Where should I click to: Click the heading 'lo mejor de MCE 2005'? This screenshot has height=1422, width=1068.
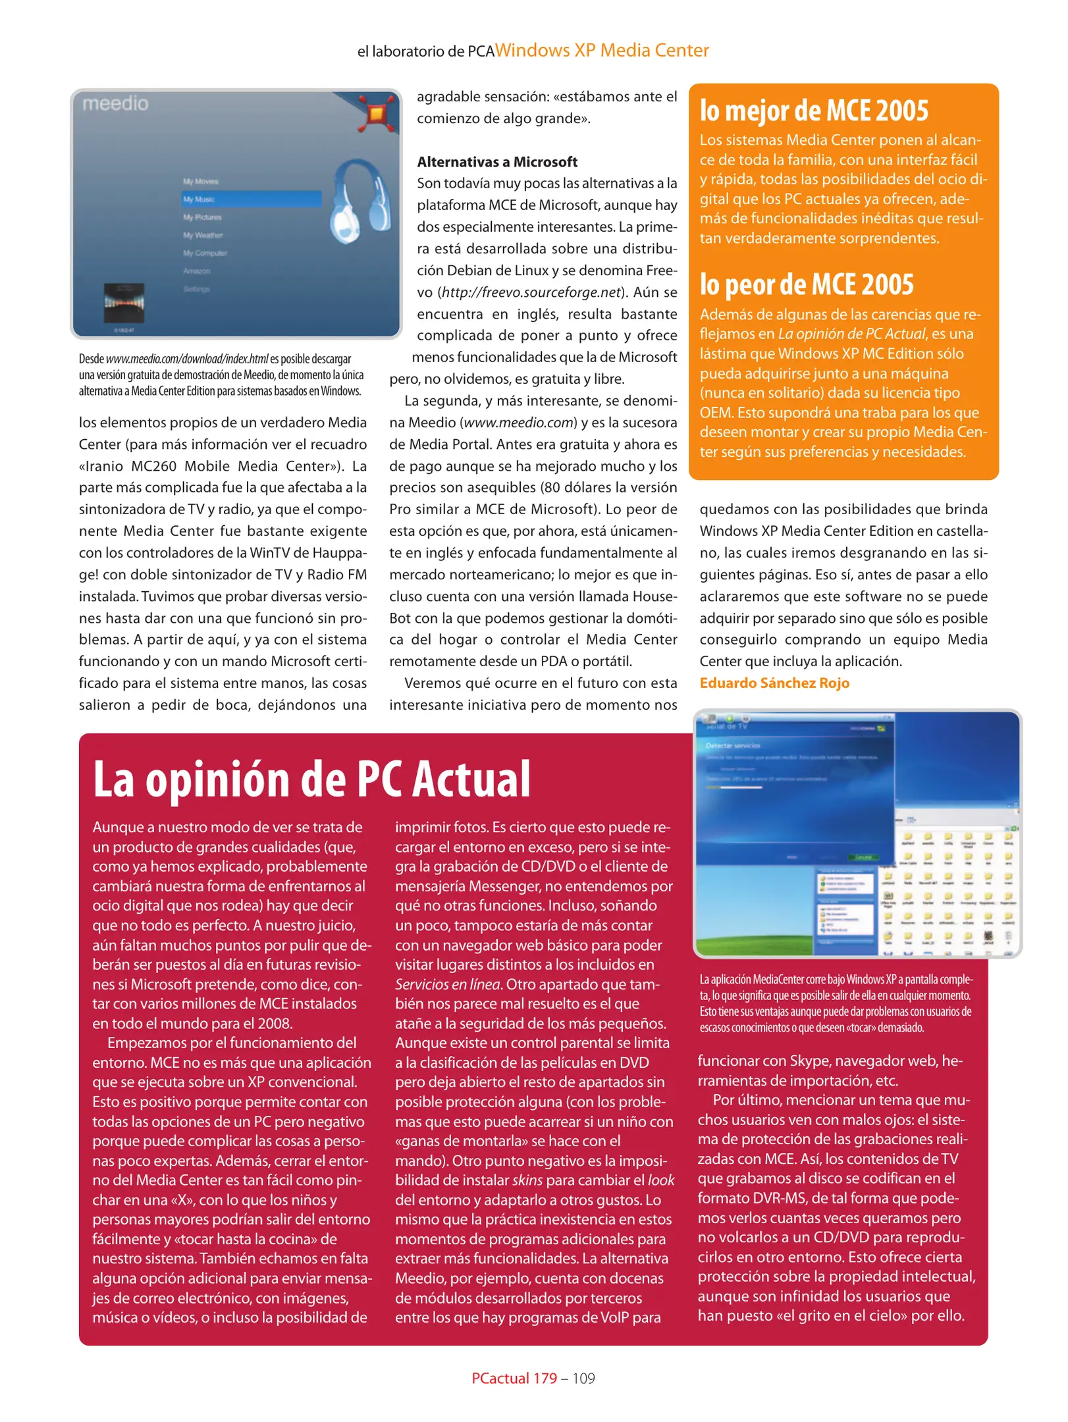click(813, 111)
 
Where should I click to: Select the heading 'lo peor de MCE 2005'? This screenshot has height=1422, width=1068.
click(806, 284)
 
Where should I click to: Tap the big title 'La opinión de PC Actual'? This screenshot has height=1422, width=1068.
click(311, 779)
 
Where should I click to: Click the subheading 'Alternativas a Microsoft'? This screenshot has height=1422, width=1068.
click(496, 162)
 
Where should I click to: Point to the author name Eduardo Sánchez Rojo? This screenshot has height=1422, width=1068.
click(774, 683)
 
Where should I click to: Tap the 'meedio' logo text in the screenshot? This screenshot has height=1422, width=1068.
click(115, 103)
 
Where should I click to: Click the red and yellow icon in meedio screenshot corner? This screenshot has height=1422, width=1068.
click(377, 113)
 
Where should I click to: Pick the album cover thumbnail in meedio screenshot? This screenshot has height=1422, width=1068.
click(124, 302)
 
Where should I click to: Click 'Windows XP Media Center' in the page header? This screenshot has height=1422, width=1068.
click(602, 51)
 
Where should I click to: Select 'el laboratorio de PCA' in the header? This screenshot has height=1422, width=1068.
click(425, 51)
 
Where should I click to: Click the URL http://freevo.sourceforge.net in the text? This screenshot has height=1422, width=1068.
click(531, 292)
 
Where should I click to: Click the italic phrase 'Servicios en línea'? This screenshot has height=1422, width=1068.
click(448, 984)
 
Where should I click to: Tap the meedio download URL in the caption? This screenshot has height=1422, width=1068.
click(187, 359)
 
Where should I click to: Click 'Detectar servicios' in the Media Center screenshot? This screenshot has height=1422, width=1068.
click(733, 745)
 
